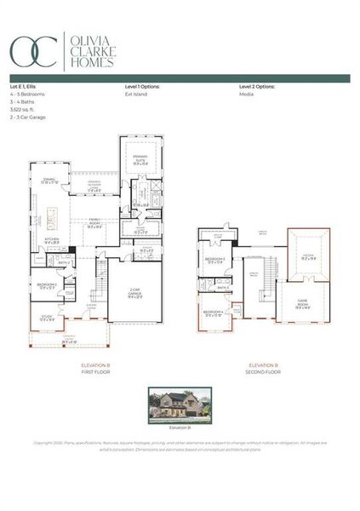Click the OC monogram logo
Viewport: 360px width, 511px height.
[33, 51]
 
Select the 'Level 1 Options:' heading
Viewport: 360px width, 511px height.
[142, 87]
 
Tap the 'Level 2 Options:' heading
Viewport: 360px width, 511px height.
[256, 87]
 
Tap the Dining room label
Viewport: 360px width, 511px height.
[50, 181]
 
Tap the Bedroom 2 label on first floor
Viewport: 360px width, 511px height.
[47, 286]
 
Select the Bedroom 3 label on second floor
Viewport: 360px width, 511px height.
[215, 261]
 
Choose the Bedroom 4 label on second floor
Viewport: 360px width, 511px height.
[214, 314]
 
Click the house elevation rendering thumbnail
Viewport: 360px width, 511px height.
[179, 405]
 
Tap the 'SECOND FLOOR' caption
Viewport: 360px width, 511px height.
[264, 372]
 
